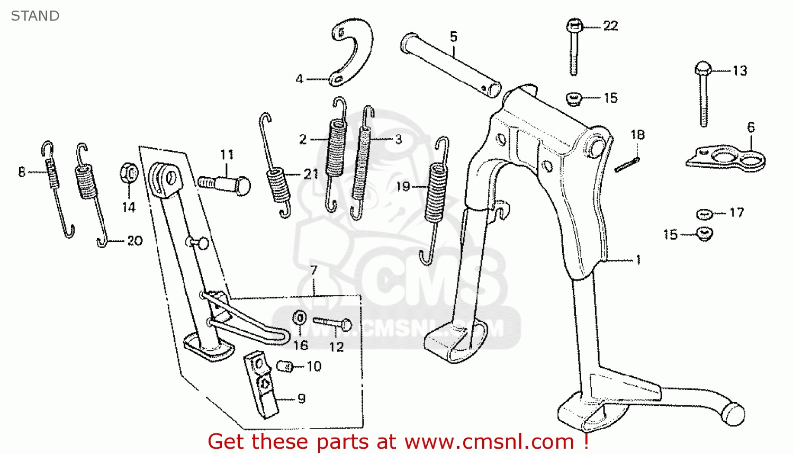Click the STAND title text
(x=35, y=16)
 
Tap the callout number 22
(x=610, y=26)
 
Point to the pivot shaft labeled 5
(x=450, y=65)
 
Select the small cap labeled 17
(x=705, y=214)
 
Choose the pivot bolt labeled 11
(x=224, y=185)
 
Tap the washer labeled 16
(x=300, y=318)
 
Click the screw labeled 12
(x=332, y=323)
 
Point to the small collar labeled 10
(x=285, y=366)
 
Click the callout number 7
(x=314, y=271)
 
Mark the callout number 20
(x=134, y=241)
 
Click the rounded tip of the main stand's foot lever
(x=733, y=414)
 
